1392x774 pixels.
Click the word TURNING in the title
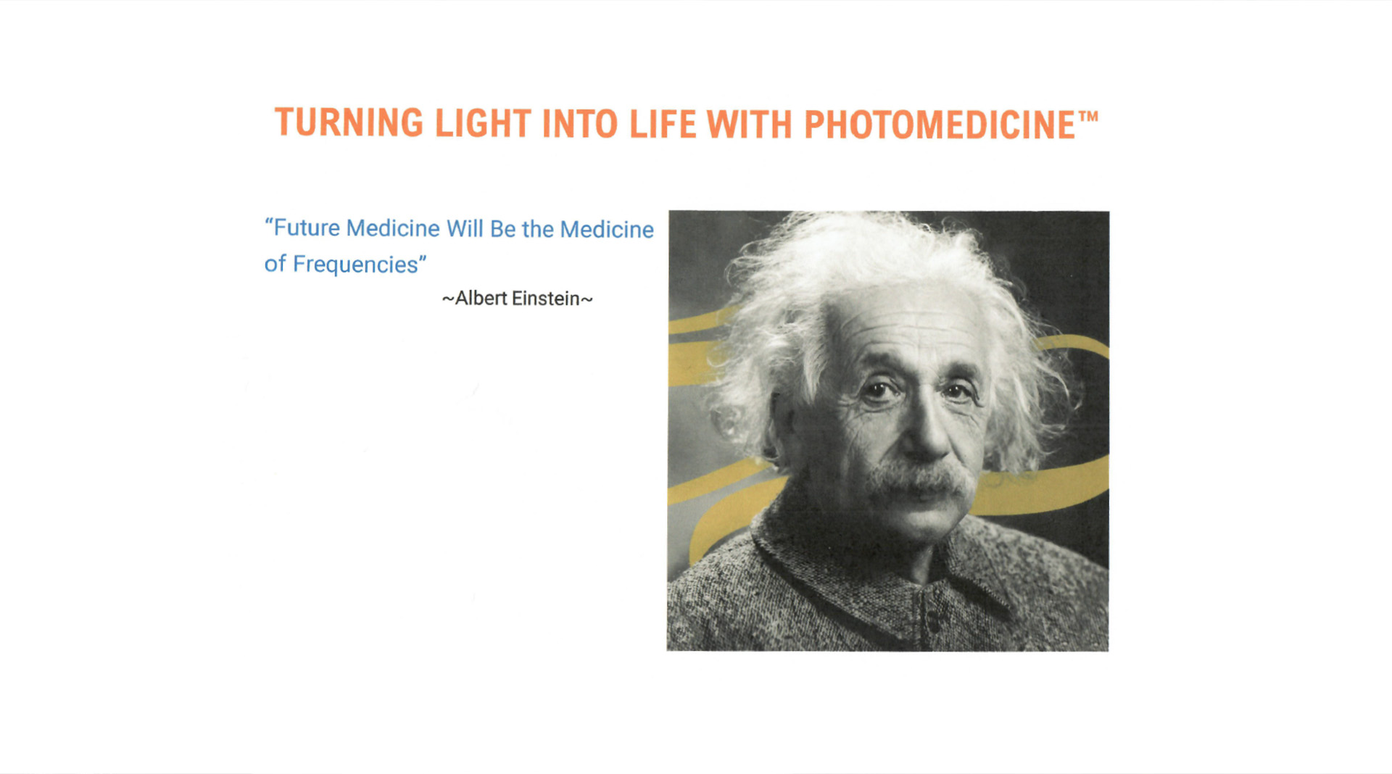(349, 122)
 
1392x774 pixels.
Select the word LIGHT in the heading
(483, 123)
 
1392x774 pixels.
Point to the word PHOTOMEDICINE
(940, 125)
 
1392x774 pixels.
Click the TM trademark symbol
(1089, 116)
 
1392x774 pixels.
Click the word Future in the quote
(307, 228)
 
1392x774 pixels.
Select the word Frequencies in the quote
(355, 265)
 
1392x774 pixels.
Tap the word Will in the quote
(464, 229)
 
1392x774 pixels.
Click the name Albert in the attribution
(481, 299)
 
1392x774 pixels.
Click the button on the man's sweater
(934, 620)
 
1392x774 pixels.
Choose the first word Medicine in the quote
(393, 228)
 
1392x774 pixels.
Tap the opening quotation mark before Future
(268, 226)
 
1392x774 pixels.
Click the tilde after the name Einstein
(587, 299)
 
